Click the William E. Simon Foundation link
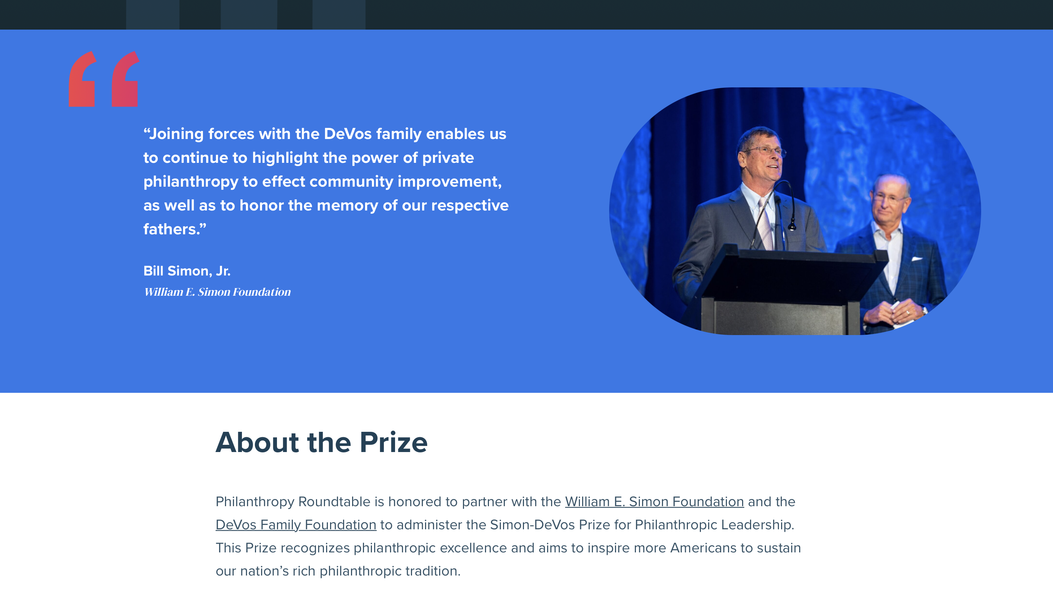[654, 501]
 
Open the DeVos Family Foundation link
[295, 525]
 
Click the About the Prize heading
[321, 443]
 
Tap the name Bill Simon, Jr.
[187, 271]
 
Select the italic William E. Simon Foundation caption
[217, 292]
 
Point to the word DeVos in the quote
[347, 134]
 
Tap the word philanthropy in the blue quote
[191, 182]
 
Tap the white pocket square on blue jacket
[917, 259]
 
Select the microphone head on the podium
[792, 225]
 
